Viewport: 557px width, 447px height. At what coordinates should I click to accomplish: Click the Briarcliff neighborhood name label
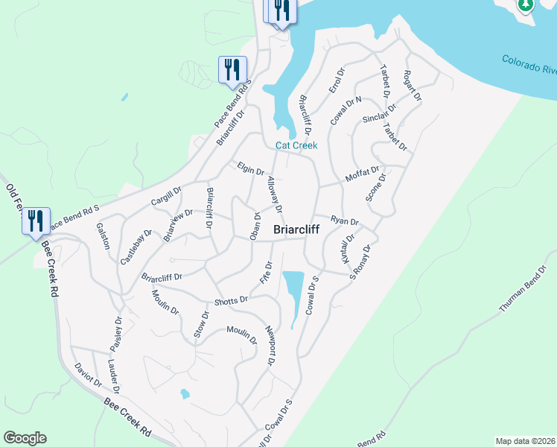coord(296,230)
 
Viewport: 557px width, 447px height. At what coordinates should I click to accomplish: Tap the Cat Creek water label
coord(296,145)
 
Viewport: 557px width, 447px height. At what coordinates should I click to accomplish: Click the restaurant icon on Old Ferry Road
coord(36,221)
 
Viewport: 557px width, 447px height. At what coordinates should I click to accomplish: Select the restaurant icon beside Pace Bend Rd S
coord(232,69)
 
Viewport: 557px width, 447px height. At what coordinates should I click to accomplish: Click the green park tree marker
coord(526,5)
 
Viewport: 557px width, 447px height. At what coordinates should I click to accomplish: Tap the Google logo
coord(25,438)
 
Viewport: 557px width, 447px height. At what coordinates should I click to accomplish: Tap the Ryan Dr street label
coord(345,221)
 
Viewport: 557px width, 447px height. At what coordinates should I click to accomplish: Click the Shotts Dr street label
coord(230,301)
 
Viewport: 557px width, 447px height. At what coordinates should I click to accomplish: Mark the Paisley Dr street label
coord(117,332)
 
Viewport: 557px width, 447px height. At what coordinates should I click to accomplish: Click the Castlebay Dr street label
coord(136,247)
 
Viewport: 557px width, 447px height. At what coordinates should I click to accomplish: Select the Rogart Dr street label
coord(412,86)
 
